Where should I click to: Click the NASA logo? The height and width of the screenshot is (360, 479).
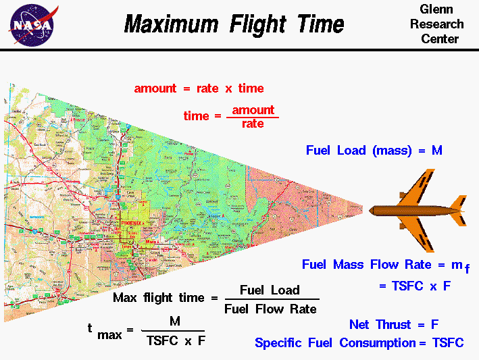pyautogui.click(x=32, y=24)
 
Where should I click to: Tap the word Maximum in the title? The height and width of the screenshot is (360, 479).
pyautogui.click(x=171, y=24)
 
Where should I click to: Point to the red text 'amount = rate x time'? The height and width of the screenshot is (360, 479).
pyautogui.click(x=199, y=88)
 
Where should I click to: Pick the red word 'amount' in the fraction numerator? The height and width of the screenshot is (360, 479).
pyautogui.click(x=253, y=110)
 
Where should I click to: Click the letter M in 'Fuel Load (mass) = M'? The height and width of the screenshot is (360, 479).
pyautogui.click(x=437, y=151)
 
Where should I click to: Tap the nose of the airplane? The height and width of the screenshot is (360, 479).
pyautogui.click(x=371, y=210)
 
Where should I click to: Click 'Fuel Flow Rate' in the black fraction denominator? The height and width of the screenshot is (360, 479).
pyautogui.click(x=270, y=309)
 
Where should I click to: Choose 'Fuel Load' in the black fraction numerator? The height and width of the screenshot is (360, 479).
pyautogui.click(x=270, y=290)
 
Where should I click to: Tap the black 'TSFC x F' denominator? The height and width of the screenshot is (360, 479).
pyautogui.click(x=176, y=340)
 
